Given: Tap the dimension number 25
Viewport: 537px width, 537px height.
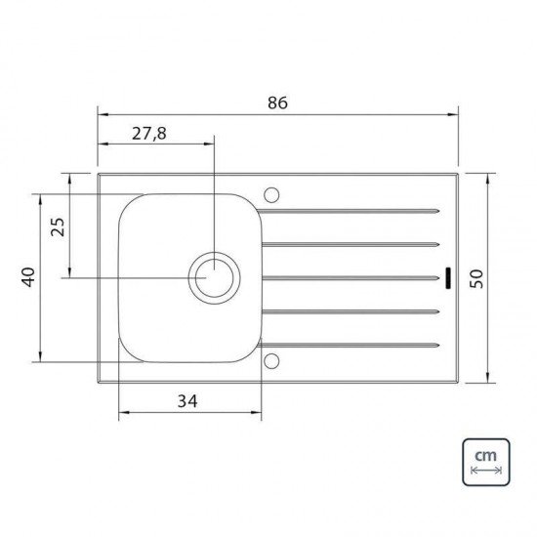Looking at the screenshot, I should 58,227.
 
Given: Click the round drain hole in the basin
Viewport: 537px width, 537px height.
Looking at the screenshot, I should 212,277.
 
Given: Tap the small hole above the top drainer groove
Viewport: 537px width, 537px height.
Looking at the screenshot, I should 273,191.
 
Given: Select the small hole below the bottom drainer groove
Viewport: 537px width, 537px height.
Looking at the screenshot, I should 273,362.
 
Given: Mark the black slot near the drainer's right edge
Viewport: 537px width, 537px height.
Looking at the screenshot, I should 445,278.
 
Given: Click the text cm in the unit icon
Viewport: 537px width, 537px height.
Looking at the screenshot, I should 483,457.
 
